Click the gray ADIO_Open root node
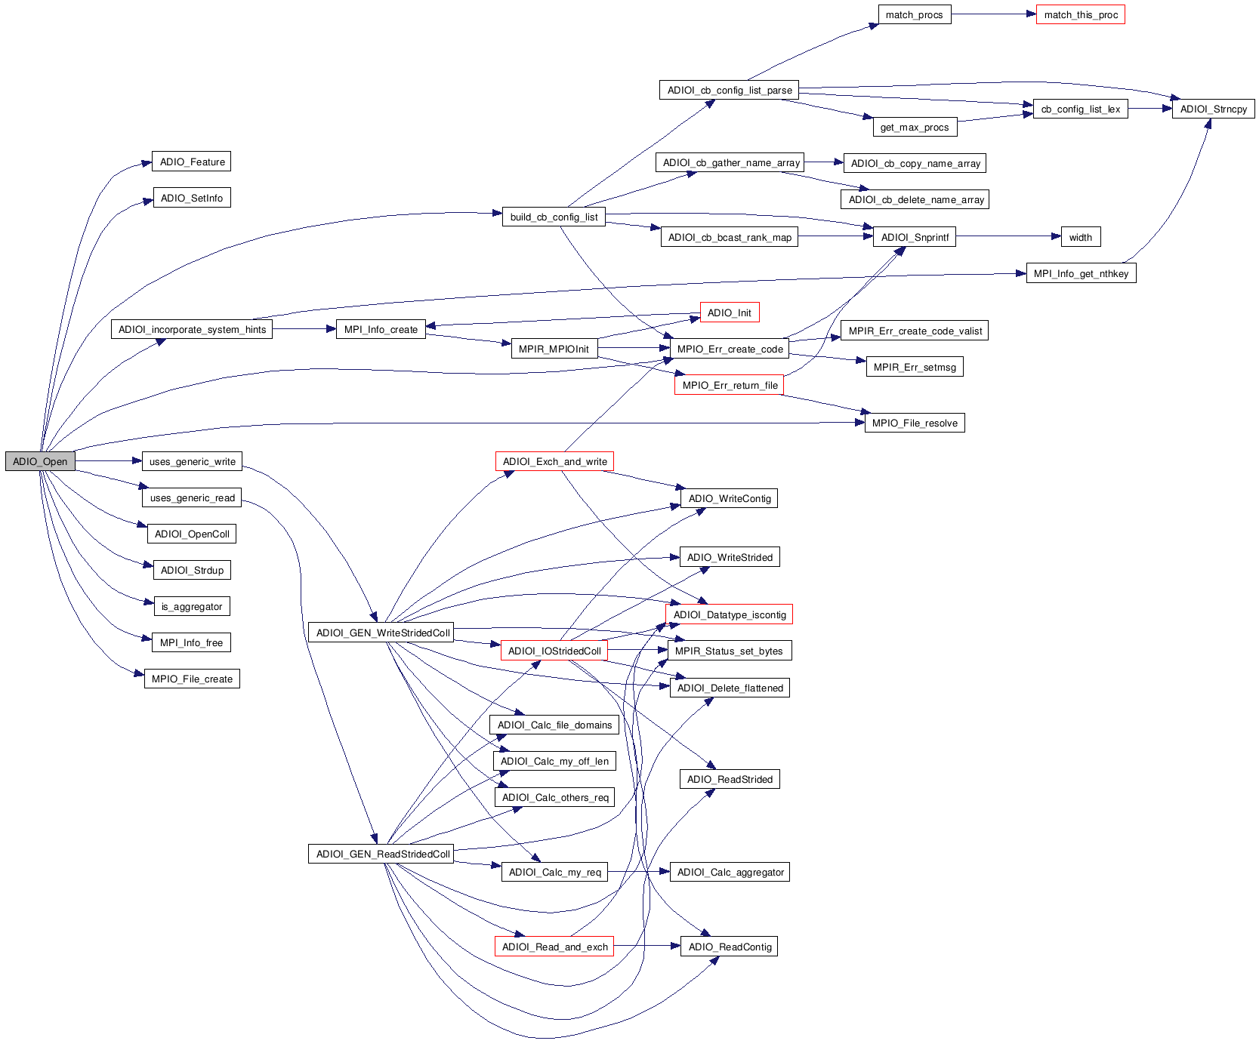40,461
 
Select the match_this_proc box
1081,14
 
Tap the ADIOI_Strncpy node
1213,109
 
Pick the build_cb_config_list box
554,217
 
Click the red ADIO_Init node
729,313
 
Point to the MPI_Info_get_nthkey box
1081,273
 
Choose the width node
1080,237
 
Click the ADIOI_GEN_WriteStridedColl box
382,633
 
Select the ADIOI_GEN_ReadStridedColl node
382,854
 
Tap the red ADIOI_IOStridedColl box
554,651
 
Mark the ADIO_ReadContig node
730,947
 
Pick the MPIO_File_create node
192,679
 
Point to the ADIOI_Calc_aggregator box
730,872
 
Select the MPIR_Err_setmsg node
914,367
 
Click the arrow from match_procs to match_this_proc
994,14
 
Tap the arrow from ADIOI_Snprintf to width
1008,236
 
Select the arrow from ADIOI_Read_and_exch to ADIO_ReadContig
647,946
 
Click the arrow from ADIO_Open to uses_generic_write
109,460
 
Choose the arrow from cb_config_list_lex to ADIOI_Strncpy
1150,109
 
